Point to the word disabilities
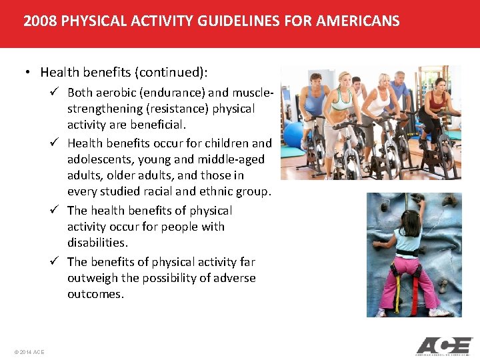(97, 243)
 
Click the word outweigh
(91, 278)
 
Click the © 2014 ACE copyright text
(29, 352)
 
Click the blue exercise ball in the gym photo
(293, 135)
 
